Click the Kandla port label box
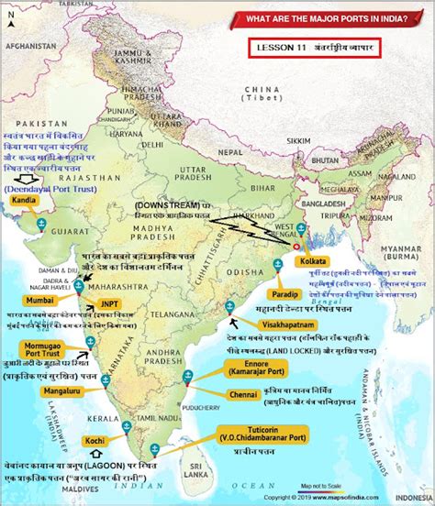coord(25,199)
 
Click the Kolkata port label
coord(335,262)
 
